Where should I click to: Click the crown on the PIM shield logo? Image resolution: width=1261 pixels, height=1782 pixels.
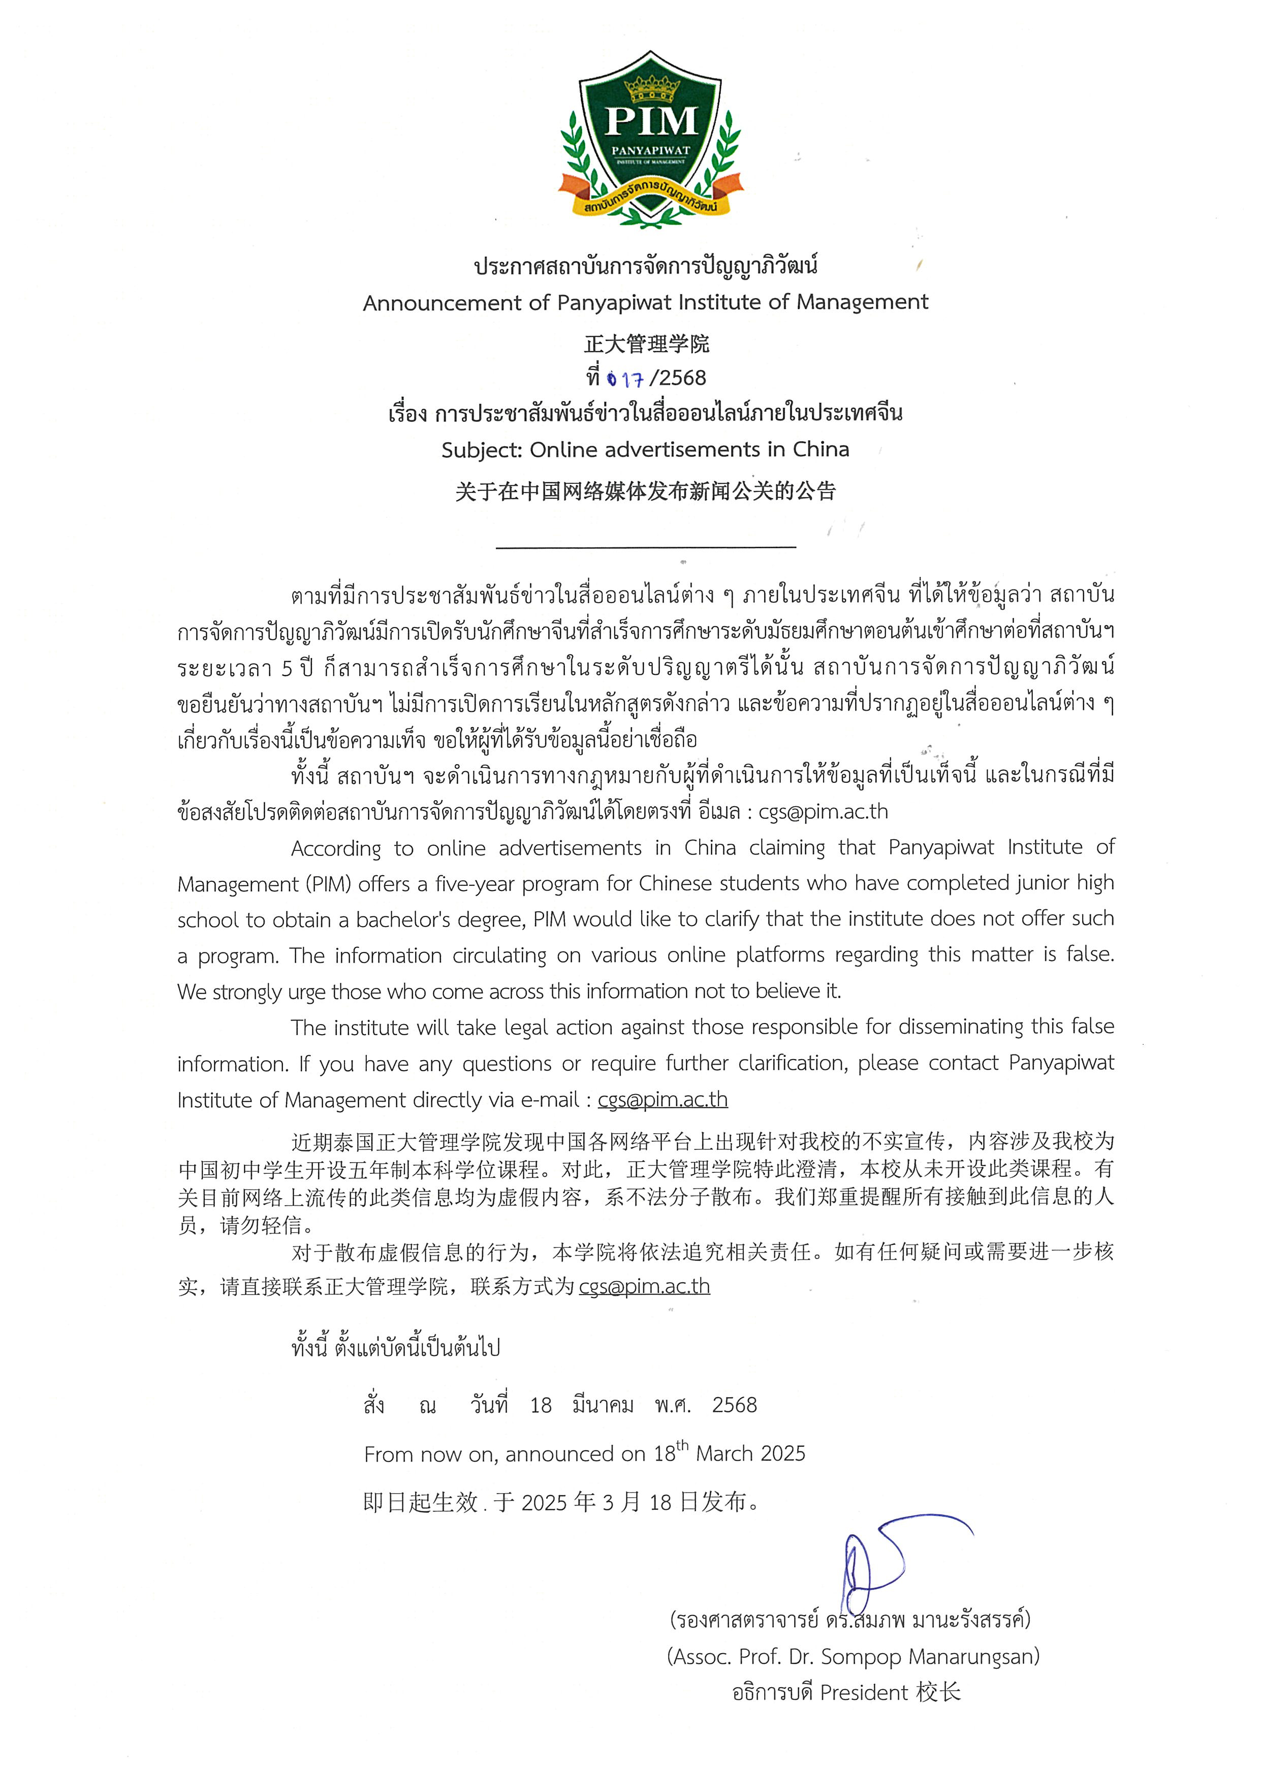tap(651, 89)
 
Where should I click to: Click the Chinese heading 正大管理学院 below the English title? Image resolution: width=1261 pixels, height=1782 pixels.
tap(646, 343)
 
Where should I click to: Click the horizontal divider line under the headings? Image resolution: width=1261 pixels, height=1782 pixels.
tap(646, 547)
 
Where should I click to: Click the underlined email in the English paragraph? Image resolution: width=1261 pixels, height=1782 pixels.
tap(663, 1100)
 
